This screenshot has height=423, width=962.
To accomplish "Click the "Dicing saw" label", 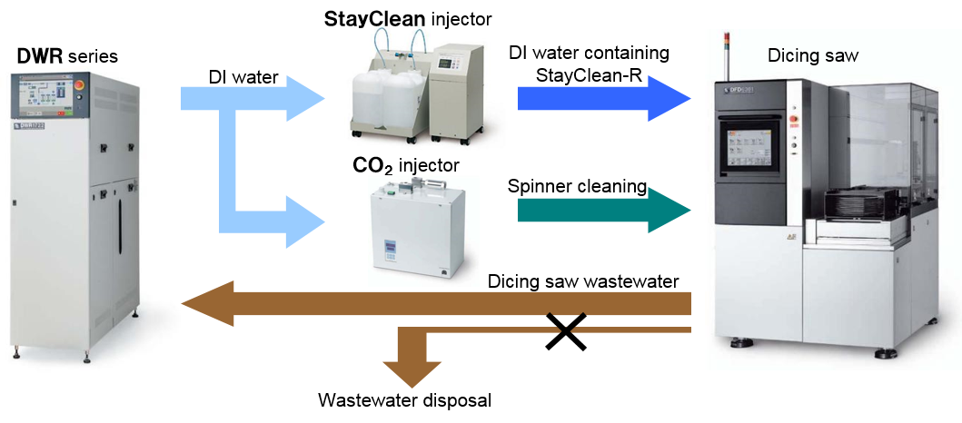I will coord(813,56).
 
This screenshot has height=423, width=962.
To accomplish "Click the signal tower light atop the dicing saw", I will coord(725,45).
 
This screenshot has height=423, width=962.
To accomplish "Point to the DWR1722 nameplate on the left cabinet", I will coord(35,124).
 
